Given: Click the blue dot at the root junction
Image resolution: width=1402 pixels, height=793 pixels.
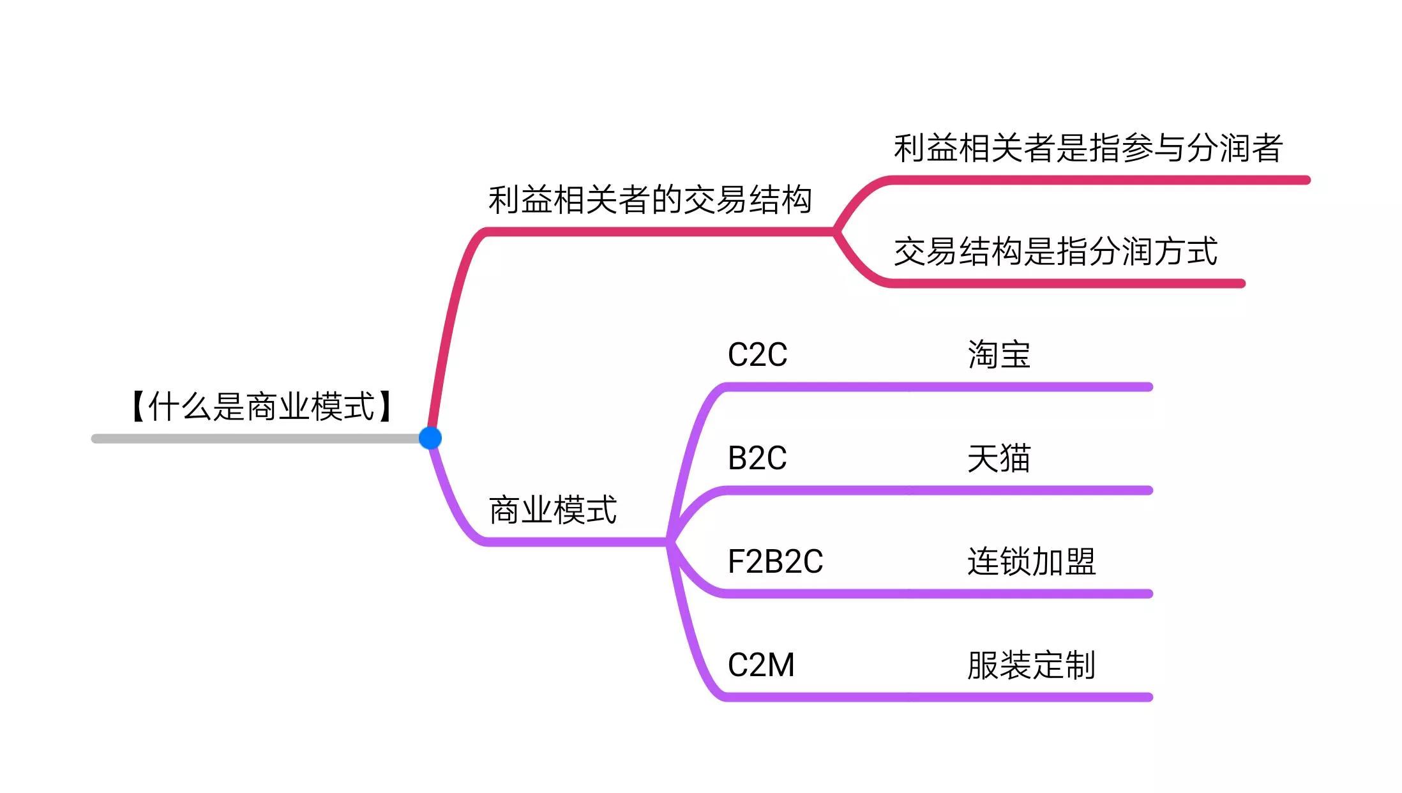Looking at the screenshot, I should click(430, 438).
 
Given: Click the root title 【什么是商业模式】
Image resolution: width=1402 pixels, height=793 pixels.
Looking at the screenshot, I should click(261, 407).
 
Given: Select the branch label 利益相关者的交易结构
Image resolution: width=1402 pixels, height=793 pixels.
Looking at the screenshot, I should click(649, 200).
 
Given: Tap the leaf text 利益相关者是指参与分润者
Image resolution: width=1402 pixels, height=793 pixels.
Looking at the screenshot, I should click(1087, 148).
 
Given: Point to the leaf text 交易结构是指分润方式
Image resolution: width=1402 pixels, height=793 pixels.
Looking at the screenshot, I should click(1055, 252).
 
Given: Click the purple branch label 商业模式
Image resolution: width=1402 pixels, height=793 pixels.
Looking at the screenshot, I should click(552, 510).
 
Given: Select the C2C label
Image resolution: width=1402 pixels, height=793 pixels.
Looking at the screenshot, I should click(757, 355).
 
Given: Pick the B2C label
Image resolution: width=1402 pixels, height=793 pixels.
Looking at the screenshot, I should click(757, 458).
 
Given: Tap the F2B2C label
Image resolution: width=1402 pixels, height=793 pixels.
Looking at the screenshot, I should click(775, 562).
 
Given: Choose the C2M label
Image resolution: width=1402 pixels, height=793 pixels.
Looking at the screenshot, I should click(761, 665).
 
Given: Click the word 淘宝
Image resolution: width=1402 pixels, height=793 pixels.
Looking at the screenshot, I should click(999, 355).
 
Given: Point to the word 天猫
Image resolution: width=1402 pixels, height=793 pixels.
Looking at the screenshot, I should click(999, 458).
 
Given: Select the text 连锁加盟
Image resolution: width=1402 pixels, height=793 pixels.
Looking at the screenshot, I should click(1031, 562).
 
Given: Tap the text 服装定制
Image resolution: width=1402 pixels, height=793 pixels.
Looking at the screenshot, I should click(1031, 665).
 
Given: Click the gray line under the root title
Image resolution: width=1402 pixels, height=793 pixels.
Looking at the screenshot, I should click(255, 439).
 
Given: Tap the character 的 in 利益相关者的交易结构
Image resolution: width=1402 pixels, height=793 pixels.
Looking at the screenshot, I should click(666, 200).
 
